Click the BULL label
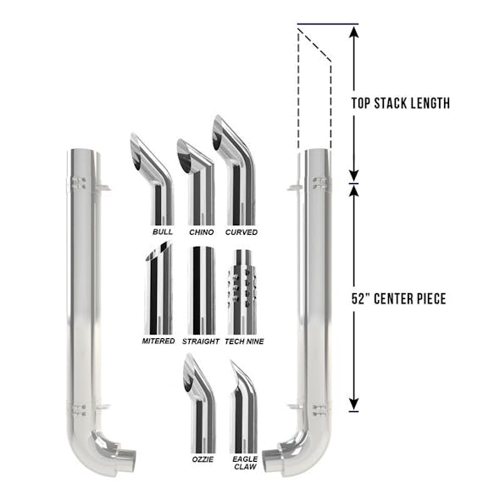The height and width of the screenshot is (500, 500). [163, 232]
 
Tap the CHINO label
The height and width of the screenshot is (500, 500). [202, 232]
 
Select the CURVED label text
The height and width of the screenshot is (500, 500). [242, 232]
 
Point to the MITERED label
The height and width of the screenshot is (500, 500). [158, 342]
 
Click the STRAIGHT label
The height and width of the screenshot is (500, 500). [201, 342]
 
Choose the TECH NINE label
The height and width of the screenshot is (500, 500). [244, 342]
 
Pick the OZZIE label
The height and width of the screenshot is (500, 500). [203, 459]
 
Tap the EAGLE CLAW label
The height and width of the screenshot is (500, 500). [245, 463]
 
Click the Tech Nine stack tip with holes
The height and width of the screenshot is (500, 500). [242, 292]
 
